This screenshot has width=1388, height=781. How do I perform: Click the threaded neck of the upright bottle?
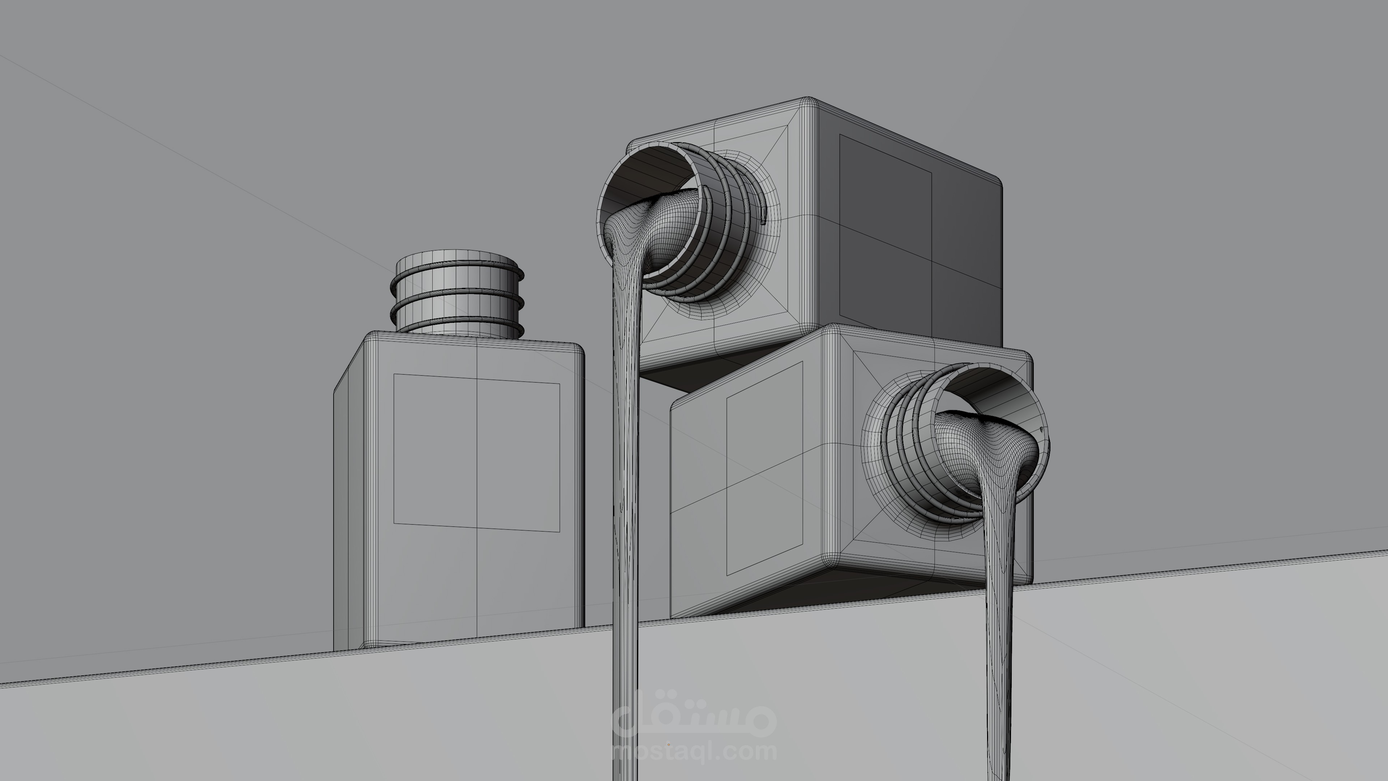tap(457, 294)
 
